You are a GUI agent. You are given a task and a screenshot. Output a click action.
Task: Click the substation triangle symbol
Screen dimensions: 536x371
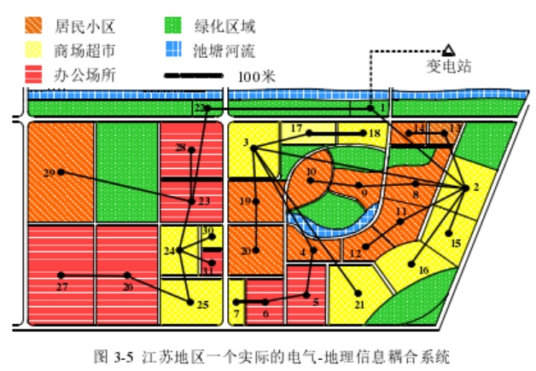448,50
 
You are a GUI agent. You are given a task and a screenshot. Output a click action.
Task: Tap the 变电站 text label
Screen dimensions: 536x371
448,67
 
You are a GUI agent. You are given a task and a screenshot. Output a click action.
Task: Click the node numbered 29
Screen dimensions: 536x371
60,173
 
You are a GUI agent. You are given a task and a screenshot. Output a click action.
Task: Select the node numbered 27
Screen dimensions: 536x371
61,275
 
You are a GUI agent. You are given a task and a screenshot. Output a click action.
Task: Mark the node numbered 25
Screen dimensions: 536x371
189,299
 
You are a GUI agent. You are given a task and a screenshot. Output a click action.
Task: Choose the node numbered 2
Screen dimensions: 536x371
465,187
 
